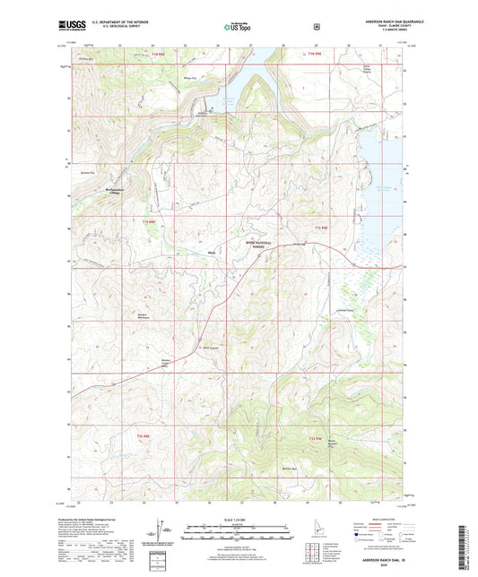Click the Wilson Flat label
tap(189, 78)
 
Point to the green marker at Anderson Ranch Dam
tap(205, 110)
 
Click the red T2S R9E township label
tap(315, 437)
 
